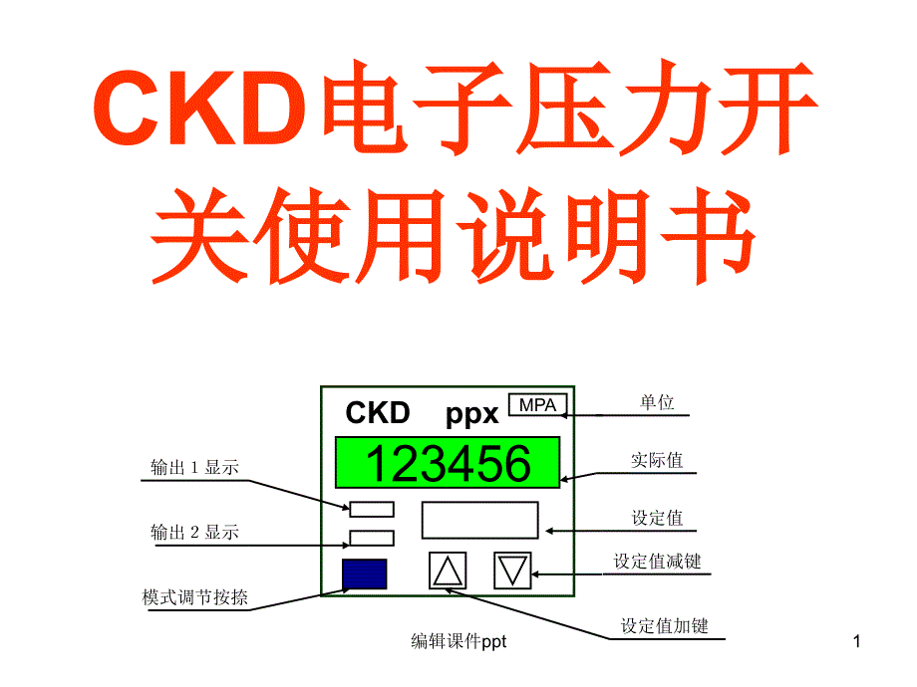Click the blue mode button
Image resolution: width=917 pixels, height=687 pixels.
point(364,574)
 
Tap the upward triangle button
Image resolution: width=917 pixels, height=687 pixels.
point(448,571)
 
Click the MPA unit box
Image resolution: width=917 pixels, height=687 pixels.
point(537,404)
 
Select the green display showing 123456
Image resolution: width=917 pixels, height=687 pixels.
point(448,464)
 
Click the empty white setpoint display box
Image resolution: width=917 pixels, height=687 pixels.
point(479,520)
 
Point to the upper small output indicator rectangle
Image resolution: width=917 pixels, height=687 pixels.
point(371,510)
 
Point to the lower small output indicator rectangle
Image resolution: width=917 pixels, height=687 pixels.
point(371,539)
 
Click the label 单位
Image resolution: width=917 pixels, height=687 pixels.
point(657,403)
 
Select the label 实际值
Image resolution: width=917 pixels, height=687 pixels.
point(657,460)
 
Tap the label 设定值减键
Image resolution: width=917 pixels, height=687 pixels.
point(657,562)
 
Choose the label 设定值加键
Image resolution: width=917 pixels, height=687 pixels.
point(664,626)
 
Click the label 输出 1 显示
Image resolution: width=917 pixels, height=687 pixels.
point(194,468)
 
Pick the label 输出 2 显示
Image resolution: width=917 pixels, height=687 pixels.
point(194,533)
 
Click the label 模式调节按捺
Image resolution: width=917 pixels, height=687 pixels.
point(195,598)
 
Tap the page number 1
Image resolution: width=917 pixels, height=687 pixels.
point(856,642)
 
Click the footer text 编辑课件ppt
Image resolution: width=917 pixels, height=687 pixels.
point(459,642)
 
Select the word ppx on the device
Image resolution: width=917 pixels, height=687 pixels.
point(471,413)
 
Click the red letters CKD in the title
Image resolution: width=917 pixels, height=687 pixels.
point(199,110)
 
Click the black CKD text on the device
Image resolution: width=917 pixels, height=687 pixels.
point(378,412)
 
